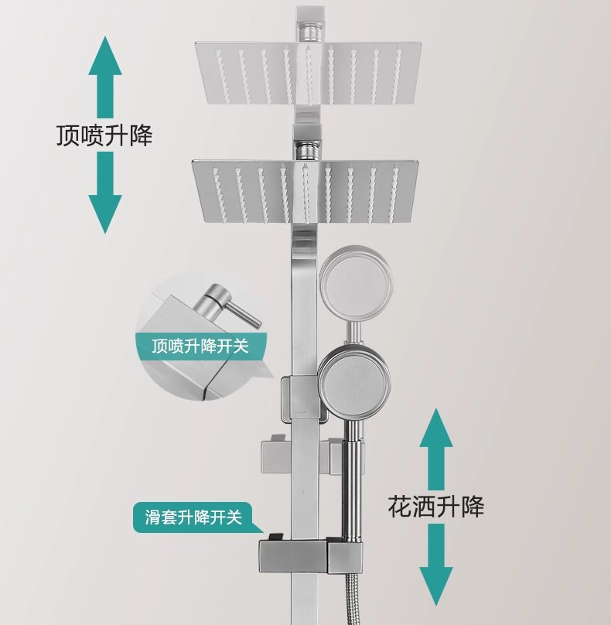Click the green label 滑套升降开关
pos(193,516)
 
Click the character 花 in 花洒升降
pos(399,507)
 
